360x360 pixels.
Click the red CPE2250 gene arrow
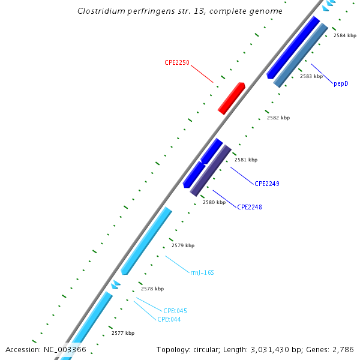(231, 98)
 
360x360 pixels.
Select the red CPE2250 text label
(178, 62)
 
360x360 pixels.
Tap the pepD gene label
(341, 83)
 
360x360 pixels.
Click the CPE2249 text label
(267, 184)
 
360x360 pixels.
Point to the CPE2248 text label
(250, 207)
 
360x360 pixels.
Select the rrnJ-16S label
(202, 272)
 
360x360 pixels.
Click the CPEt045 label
(175, 311)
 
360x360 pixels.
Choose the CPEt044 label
(169, 319)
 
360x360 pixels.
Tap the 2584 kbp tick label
(345, 36)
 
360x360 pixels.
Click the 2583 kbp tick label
(311, 77)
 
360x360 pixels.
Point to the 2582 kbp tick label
(278, 118)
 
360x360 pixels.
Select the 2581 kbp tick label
(246, 160)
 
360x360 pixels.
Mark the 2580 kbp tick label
(214, 202)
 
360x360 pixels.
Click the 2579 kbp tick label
(183, 245)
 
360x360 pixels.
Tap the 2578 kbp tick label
(152, 289)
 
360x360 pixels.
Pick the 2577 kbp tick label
(123, 333)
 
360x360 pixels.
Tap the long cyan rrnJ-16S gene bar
(146, 241)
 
